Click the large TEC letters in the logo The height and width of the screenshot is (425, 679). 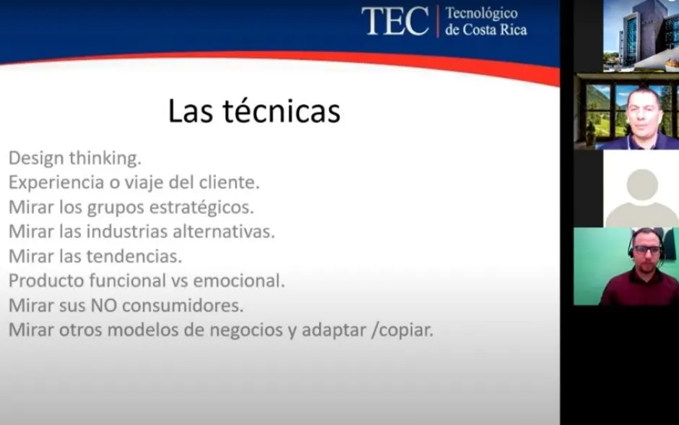pos(395,20)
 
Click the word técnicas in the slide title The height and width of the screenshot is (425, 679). pos(282,111)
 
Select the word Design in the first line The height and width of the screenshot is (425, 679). pos(36,158)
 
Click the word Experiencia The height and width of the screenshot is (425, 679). pos(56,183)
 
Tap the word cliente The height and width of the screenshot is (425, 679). pos(229,182)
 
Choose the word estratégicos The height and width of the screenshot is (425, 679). pos(202,207)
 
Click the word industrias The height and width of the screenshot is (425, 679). pos(127,231)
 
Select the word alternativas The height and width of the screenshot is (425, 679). pos(224,231)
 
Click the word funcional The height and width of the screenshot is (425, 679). pos(127,280)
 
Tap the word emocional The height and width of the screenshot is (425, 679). pos(239,280)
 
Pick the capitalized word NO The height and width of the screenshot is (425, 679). pos(104,306)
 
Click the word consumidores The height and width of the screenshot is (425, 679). pos(183,306)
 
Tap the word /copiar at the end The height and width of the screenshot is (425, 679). pos(402,330)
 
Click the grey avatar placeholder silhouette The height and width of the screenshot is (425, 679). pos(641,197)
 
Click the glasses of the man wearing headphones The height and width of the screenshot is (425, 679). pos(648,250)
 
